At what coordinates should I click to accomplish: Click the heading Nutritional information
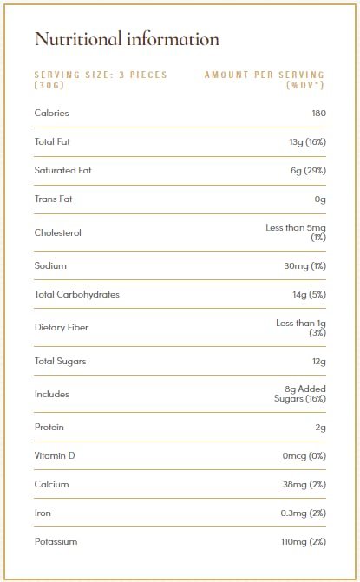click(x=127, y=40)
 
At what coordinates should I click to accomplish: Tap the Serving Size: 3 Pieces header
click(x=100, y=80)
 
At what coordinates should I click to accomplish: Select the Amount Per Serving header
click(x=265, y=80)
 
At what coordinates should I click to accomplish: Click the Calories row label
click(x=51, y=113)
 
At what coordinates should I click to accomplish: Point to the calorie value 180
click(x=318, y=113)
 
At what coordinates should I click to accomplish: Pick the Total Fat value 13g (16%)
click(x=303, y=141)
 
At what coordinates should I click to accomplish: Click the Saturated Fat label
click(x=62, y=170)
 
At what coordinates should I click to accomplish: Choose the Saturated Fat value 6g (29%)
click(x=308, y=170)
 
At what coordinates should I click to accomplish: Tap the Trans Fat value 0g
click(x=320, y=199)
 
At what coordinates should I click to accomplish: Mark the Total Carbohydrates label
click(x=76, y=294)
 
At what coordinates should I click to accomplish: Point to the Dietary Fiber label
click(x=61, y=327)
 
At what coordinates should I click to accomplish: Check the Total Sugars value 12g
click(x=317, y=361)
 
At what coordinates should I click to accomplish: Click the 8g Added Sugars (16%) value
click(x=299, y=394)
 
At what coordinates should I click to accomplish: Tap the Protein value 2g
click(x=320, y=427)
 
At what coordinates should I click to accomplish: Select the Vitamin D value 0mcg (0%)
click(x=304, y=455)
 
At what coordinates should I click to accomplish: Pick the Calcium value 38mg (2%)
click(x=304, y=484)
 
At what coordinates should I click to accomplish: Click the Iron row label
click(x=43, y=513)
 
